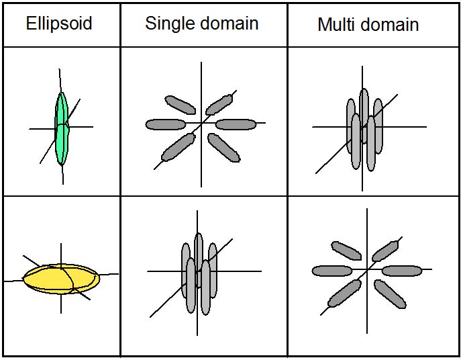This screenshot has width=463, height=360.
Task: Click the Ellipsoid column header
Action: (59, 24)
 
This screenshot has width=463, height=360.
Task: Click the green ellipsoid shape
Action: (62, 128)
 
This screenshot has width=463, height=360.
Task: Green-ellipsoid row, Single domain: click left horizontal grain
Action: (165, 124)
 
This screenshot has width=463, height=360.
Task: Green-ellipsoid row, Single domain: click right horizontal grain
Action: (236, 124)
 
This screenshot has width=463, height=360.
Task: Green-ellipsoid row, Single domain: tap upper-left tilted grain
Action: (179, 104)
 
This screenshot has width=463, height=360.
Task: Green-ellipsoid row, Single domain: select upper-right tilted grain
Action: (219, 105)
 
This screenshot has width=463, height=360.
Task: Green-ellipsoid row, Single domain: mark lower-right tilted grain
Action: (223, 147)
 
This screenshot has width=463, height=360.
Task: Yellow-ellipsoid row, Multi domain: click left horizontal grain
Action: (331, 271)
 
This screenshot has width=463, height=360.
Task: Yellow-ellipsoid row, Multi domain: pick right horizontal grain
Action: (402, 271)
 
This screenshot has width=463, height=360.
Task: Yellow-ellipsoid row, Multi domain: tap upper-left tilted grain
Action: (346, 251)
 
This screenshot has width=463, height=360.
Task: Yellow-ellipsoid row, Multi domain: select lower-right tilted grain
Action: (390, 294)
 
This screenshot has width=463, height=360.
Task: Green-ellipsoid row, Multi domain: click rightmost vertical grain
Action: (378, 121)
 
